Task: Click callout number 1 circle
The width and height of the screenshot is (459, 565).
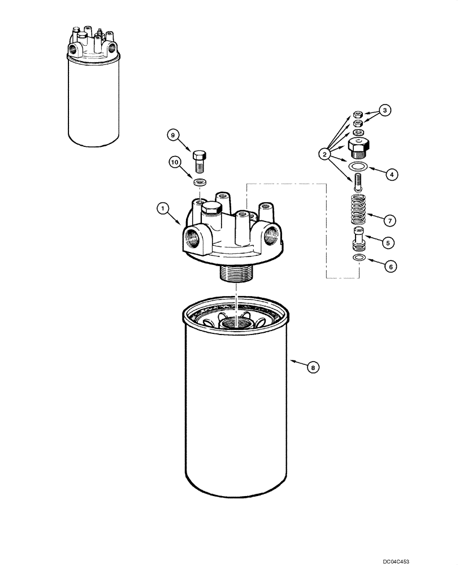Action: click(163, 210)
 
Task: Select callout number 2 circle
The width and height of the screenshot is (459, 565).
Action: click(324, 153)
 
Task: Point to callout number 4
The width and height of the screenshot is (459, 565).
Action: click(389, 175)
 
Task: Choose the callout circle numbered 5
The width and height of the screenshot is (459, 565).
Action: click(387, 242)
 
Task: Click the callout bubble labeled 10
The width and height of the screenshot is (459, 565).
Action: click(174, 163)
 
